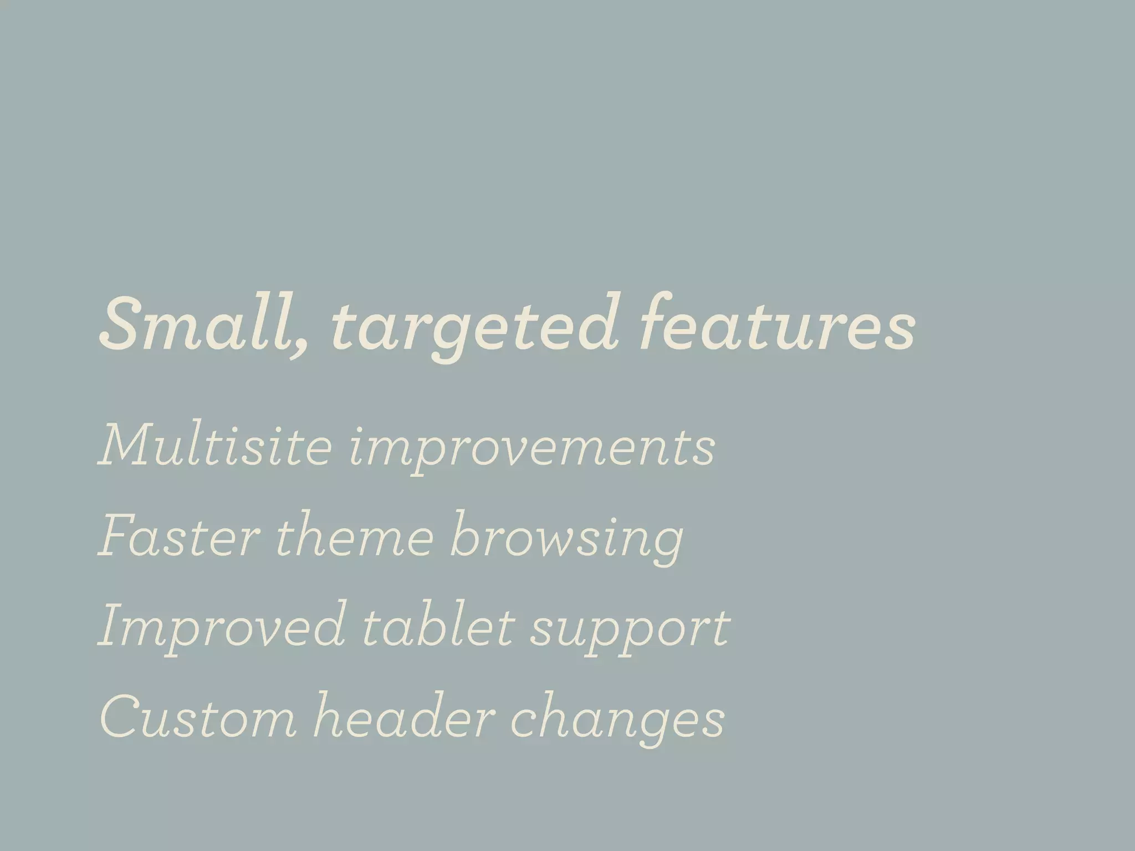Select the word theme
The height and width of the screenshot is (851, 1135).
[354, 535]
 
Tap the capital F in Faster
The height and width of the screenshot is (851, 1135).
[119, 535]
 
